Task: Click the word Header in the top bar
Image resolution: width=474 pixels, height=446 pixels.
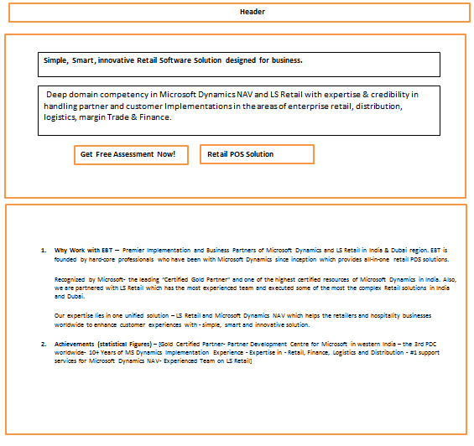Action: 252,12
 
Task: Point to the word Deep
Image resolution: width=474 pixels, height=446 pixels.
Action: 56,95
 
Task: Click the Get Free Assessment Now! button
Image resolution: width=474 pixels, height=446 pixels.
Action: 128,154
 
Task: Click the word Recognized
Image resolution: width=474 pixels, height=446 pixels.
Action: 73,278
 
